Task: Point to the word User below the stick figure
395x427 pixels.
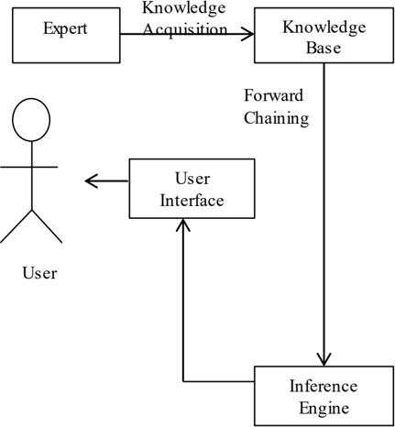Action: (x=39, y=273)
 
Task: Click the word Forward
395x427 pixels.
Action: (x=274, y=95)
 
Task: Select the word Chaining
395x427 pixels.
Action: (x=277, y=118)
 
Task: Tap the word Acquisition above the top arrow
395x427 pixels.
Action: (x=185, y=29)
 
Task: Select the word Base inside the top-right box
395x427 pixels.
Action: (x=324, y=48)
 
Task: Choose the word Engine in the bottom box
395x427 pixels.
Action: (x=324, y=409)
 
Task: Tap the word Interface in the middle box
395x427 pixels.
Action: (x=192, y=201)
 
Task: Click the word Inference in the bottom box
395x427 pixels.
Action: (x=324, y=386)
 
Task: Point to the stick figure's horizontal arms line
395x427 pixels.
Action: (x=28, y=167)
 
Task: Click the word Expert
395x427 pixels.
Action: (x=65, y=29)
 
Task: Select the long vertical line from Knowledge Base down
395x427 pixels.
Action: (x=324, y=214)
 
